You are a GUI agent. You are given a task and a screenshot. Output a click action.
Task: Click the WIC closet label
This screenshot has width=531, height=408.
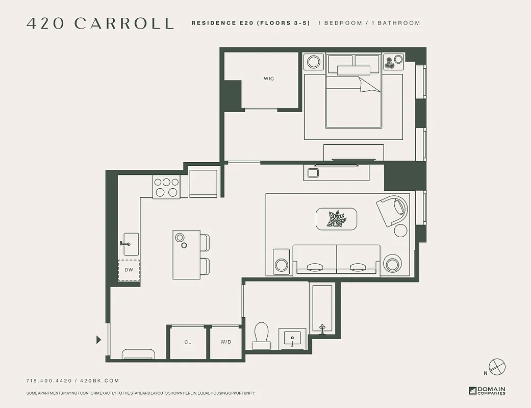269,79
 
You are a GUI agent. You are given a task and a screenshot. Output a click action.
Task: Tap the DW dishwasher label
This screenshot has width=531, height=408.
129,270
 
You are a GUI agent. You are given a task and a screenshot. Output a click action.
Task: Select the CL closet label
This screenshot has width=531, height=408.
188,342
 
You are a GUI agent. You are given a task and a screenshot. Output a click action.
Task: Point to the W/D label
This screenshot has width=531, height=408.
225,342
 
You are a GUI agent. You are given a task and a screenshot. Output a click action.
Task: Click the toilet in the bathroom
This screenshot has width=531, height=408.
262,334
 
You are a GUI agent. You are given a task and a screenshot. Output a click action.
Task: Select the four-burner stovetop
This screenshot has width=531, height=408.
166,187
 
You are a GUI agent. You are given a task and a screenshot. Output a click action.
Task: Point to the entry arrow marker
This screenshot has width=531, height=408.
99,340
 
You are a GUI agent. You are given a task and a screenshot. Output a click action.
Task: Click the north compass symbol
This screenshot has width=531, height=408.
496,366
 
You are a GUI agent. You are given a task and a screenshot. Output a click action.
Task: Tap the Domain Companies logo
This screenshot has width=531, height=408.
487,391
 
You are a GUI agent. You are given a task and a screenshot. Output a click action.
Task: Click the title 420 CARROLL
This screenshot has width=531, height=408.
100,23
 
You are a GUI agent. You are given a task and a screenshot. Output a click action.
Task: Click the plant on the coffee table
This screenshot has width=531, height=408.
337,219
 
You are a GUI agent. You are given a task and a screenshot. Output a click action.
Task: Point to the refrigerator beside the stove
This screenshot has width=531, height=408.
204,183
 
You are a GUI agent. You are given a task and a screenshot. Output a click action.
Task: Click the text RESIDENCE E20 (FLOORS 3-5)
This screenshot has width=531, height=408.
250,23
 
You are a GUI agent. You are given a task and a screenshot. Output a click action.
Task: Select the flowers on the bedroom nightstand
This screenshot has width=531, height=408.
390,62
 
